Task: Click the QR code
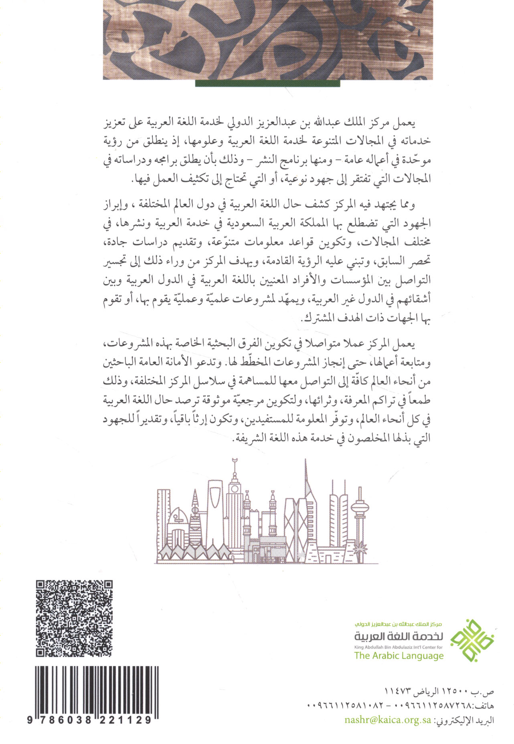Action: pos(74,618)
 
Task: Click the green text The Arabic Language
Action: pos(399,656)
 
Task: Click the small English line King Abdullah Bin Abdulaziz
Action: pos(398,647)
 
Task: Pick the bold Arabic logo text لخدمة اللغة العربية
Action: pos(399,636)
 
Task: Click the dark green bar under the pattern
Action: pos(267,83)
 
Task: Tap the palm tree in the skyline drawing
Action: pos(360,546)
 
